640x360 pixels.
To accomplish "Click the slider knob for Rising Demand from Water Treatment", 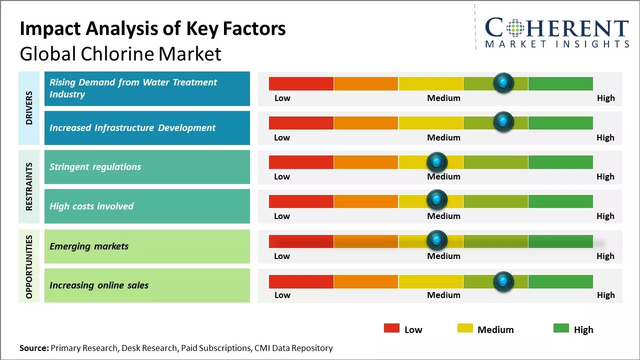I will pos(503,82).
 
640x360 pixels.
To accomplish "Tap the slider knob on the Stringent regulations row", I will pos(437,161).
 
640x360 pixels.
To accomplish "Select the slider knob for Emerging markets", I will pos(437,240).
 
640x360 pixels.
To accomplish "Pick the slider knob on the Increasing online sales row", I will pos(503,281).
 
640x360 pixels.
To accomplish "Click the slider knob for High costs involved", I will pos(437,200).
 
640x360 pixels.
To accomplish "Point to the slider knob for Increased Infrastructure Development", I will pos(503,122).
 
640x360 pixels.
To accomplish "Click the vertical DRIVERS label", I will pos(29,108).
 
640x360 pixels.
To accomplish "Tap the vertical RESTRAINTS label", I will pos(29,186).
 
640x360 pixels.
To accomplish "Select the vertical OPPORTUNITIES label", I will pos(29,266).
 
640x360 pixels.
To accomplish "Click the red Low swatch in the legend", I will pos(391,328).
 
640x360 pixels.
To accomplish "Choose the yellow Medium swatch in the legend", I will pos(465,328).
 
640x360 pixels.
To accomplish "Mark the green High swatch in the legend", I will pos(561,328).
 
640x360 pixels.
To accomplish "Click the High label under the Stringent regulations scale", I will pos(605,176).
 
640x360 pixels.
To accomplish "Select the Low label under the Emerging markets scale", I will pos(282,256).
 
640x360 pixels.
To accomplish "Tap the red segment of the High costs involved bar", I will pos(301,201).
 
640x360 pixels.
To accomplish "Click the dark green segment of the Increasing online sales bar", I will pos(560,282).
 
